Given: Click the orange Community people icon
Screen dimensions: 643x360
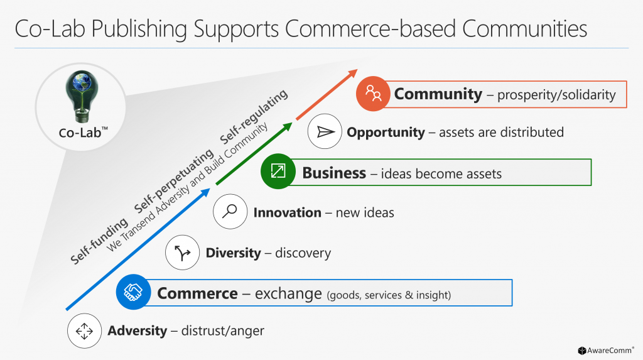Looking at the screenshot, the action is coord(373,94).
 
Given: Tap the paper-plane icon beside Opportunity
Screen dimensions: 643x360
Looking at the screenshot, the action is coord(325,131).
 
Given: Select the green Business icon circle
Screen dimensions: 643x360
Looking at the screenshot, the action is coord(278,171).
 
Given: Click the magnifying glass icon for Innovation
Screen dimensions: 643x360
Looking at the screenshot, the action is coord(230,211).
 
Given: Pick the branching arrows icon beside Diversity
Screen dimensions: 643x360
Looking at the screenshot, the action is coord(183,253).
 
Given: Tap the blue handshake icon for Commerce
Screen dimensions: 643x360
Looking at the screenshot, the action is coord(133,292).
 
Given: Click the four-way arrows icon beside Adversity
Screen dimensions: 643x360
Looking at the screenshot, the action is coord(85,331).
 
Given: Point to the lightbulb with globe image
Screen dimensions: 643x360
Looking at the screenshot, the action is coord(82,97).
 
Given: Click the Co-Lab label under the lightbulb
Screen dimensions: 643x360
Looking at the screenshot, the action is coord(84,133).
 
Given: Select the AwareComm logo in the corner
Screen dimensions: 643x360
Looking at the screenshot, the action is coord(606,351).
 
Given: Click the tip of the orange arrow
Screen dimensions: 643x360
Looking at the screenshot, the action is coord(357,69).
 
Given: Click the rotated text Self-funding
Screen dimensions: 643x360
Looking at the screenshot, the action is coord(99,241).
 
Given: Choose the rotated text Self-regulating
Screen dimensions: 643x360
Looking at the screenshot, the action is coord(254,117).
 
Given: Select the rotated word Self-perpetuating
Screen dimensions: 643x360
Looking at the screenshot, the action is coord(174,181).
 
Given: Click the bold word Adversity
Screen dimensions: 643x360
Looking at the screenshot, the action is coord(138,331).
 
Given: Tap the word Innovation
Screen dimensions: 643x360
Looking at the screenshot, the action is coord(288,212).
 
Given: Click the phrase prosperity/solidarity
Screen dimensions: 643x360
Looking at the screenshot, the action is coord(556,95).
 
